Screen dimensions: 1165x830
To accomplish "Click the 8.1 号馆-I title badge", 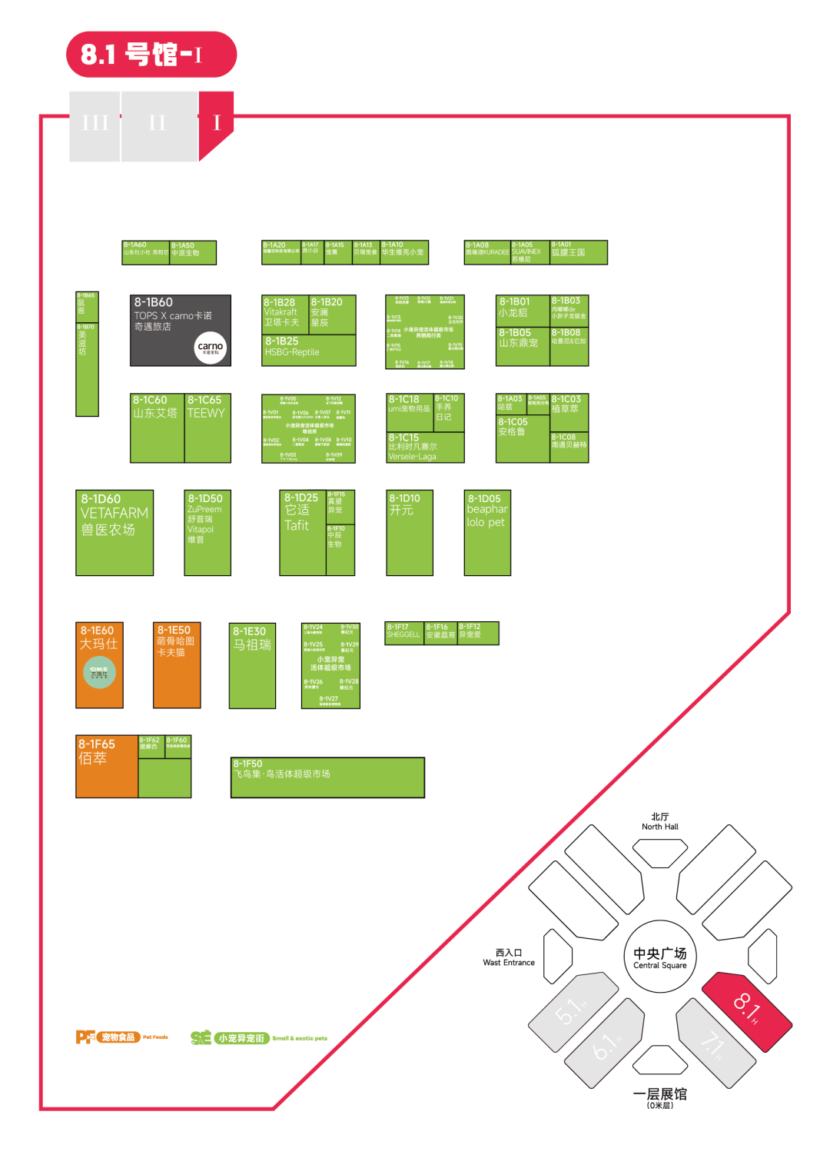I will pyautogui.click(x=151, y=55).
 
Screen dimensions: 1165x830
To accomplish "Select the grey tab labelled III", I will pyautogui.click(x=95, y=124).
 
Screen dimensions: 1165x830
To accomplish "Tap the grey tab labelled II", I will pyautogui.click(x=158, y=124).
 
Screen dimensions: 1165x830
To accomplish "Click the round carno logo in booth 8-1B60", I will pyautogui.click(x=210, y=347).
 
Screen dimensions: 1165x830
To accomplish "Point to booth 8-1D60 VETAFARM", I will pyautogui.click(x=115, y=532).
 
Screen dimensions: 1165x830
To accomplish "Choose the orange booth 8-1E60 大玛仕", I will pyautogui.click(x=99, y=664).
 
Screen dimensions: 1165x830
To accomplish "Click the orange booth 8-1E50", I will pyautogui.click(x=177, y=664).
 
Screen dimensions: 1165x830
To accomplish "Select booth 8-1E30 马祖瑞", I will pyautogui.click(x=252, y=665).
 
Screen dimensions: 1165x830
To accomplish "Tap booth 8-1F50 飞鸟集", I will pyautogui.click(x=327, y=777).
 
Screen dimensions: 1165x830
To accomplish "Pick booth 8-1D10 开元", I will pyautogui.click(x=409, y=532).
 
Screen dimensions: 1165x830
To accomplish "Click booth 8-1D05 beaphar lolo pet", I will pyautogui.click(x=487, y=532).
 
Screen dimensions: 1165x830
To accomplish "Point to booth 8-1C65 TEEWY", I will pyautogui.click(x=207, y=428).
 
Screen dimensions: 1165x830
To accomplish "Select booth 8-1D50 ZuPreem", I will pyautogui.click(x=207, y=532).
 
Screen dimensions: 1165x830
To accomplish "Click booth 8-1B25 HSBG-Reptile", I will pyautogui.click(x=308, y=350).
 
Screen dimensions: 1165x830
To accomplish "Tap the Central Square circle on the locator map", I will pyautogui.click(x=659, y=957).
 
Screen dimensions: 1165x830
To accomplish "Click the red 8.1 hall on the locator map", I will pyautogui.click(x=747, y=1010).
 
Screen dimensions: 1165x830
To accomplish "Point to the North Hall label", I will pyautogui.click(x=660, y=822).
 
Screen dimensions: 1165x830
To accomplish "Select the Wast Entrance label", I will pyautogui.click(x=509, y=957).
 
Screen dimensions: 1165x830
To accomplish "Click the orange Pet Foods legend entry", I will pyautogui.click(x=122, y=1037).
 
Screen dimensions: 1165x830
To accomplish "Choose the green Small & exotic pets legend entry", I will pyautogui.click(x=259, y=1038).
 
